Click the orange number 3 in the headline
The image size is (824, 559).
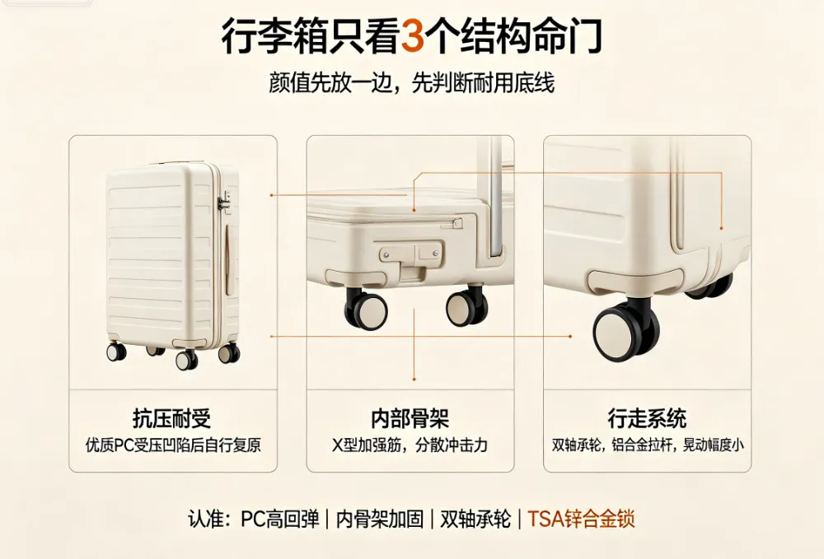pyautogui.click(x=413, y=35)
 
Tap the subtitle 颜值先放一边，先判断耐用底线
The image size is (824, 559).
pyautogui.click(x=411, y=83)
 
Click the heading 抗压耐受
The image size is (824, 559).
pyautogui.click(x=172, y=419)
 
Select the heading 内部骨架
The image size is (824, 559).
pyautogui.click(x=410, y=419)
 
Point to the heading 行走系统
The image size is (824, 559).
pyautogui.click(x=647, y=419)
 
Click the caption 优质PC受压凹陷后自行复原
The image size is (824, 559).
pyautogui.click(x=173, y=445)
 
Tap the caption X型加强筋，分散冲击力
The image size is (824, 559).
pyautogui.click(x=410, y=445)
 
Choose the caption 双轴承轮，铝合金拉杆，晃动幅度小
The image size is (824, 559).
pyautogui.click(x=648, y=445)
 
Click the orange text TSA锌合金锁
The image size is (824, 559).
pyautogui.click(x=581, y=519)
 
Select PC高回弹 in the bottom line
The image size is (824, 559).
pyautogui.click(x=280, y=519)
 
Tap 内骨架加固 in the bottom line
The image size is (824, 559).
pyautogui.click(x=379, y=519)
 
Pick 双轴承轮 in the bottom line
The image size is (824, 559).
pyautogui.click(x=475, y=519)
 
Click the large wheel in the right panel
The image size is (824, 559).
pyautogui.click(x=626, y=331)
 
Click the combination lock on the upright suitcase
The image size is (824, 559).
pyautogui.click(x=224, y=203)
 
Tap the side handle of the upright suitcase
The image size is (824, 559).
pyautogui.click(x=230, y=259)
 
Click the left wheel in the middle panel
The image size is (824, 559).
pyautogui.click(x=366, y=310)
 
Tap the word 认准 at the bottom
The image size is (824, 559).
pyautogui.click(x=207, y=519)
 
